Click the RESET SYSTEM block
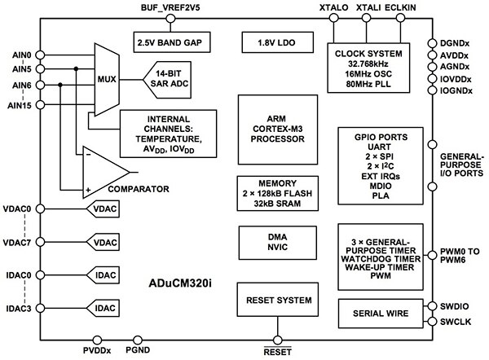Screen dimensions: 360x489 278,301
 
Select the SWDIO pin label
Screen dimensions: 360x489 459,307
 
